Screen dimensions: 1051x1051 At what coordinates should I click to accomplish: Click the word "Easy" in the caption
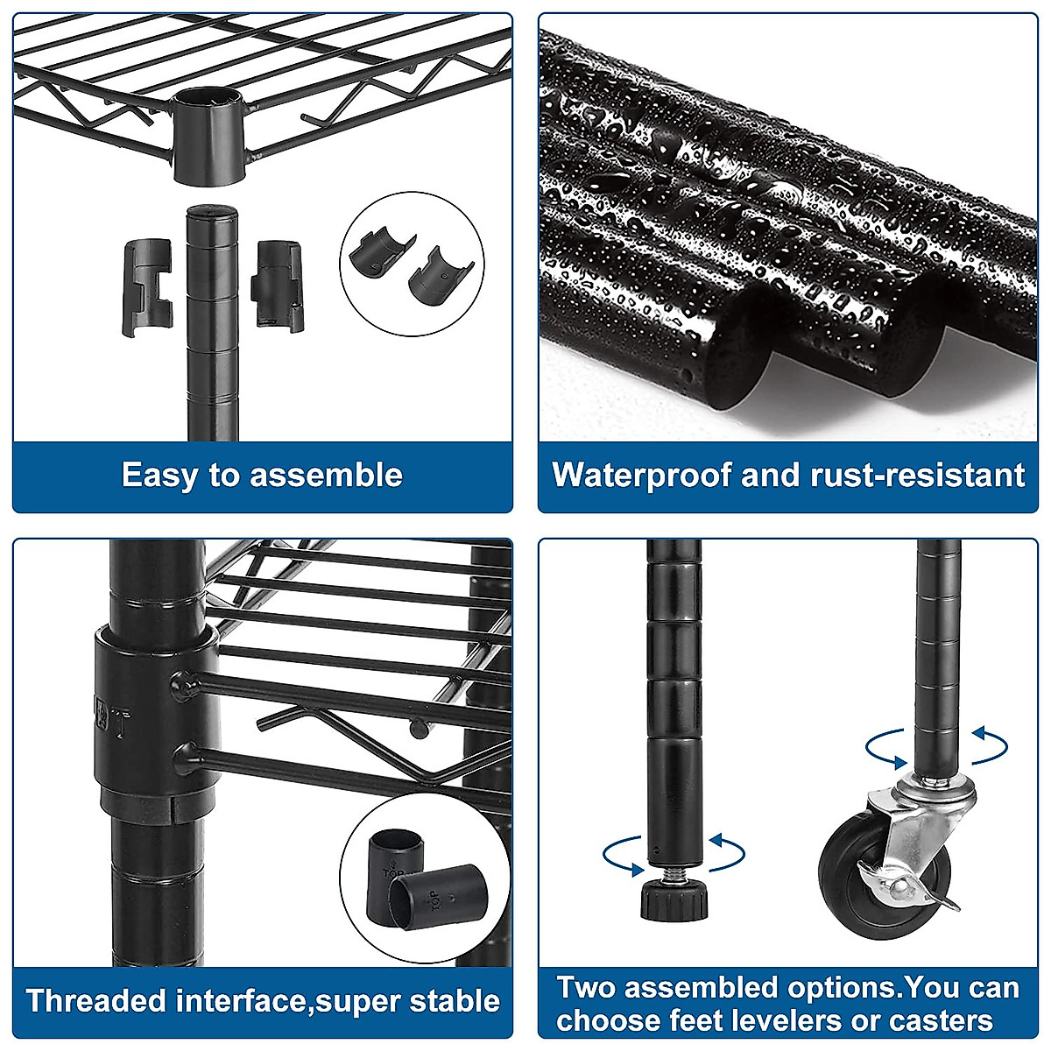click(158, 476)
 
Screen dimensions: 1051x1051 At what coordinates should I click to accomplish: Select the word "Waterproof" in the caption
click(641, 476)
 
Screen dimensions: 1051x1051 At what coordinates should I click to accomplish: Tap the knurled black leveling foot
click(672, 900)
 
